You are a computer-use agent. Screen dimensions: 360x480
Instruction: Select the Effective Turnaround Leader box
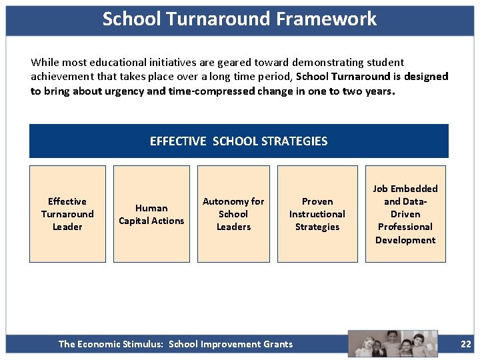click(x=67, y=214)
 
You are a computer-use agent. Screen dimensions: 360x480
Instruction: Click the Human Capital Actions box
click(x=151, y=214)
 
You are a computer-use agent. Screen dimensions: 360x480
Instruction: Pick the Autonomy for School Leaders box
click(x=233, y=214)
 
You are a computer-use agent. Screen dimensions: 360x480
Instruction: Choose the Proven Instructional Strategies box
click(x=317, y=214)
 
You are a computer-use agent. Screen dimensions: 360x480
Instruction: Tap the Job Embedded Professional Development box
click(x=405, y=214)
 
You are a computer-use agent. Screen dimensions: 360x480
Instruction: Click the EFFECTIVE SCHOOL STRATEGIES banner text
click(x=239, y=141)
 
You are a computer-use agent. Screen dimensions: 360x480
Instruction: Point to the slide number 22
click(x=466, y=344)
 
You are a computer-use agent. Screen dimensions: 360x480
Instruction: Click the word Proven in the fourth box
click(x=317, y=201)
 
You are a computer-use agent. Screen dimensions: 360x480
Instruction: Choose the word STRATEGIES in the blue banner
click(x=295, y=141)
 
